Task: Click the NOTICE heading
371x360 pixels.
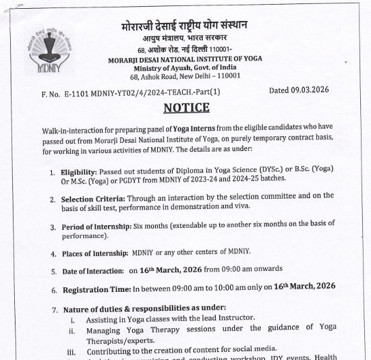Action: pos(186,108)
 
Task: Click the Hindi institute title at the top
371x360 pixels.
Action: pos(184,26)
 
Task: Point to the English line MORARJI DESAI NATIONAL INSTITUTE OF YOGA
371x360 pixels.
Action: pos(185,59)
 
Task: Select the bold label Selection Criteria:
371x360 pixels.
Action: pos(92,200)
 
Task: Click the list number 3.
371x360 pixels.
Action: pos(53,227)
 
